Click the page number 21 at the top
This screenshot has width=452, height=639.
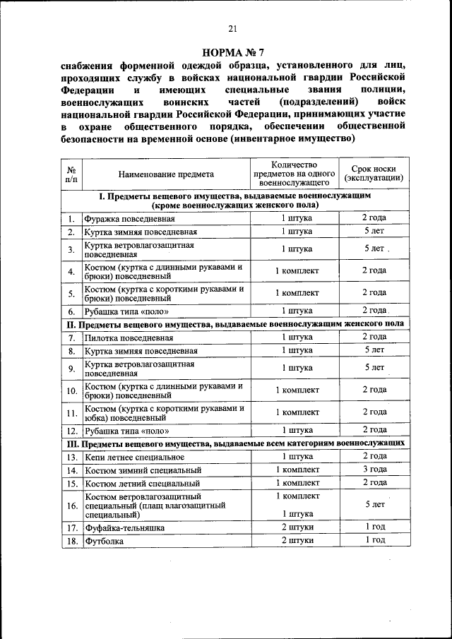(232, 28)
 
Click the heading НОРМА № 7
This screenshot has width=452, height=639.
(232, 52)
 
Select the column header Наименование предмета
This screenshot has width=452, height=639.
(166, 174)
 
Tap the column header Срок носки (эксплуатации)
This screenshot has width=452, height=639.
(374, 174)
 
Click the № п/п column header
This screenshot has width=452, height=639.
(71, 174)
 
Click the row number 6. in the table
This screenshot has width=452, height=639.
(71, 311)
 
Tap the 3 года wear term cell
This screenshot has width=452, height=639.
(374, 470)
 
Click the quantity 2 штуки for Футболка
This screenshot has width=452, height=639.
(297, 540)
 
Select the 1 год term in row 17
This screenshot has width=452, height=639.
(374, 527)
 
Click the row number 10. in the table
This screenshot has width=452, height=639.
(71, 390)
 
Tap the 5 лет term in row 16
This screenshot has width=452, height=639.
(374, 505)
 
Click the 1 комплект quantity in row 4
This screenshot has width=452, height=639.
(297, 270)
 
